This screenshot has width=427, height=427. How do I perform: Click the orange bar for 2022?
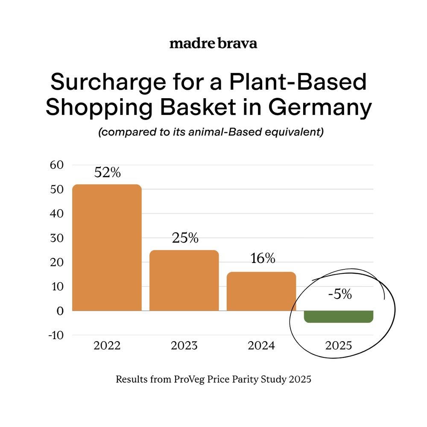(107, 248)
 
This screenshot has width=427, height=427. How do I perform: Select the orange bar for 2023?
(184, 280)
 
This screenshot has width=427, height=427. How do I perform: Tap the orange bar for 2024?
(261, 291)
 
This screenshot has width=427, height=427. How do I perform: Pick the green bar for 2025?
(339, 316)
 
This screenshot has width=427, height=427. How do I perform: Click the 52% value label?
(107, 173)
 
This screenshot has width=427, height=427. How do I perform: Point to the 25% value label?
(185, 238)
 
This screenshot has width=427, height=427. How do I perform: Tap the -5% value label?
(340, 294)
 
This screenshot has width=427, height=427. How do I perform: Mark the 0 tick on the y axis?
(60, 311)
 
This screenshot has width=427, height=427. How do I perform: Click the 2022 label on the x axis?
(107, 345)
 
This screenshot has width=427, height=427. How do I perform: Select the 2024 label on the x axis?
(261, 345)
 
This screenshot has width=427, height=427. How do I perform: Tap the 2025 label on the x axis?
(339, 345)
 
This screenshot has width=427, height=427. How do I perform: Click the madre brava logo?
(213, 44)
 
